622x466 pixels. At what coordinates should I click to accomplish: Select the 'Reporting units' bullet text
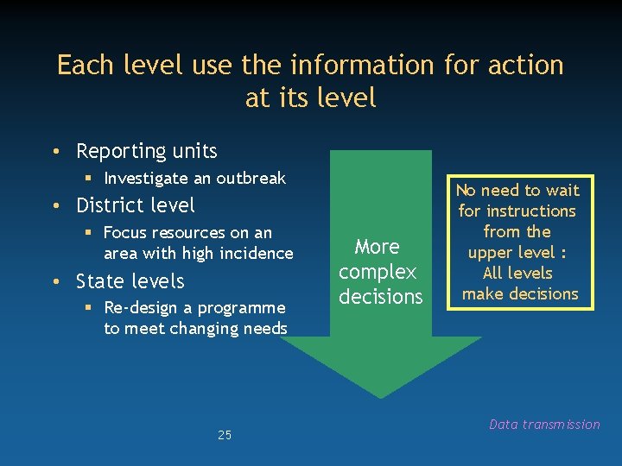(146, 151)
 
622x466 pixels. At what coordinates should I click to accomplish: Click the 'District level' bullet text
(136, 205)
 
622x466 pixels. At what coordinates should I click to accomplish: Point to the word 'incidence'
(258, 253)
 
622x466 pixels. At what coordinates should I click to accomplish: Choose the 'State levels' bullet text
(130, 281)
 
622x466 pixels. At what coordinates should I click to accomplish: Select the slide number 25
(225, 435)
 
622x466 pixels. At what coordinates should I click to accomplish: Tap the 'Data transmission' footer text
(544, 424)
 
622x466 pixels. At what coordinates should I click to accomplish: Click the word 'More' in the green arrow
(378, 247)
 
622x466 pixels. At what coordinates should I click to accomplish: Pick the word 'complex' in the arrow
(378, 272)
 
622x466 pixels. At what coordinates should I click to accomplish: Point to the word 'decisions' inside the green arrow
(381, 297)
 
